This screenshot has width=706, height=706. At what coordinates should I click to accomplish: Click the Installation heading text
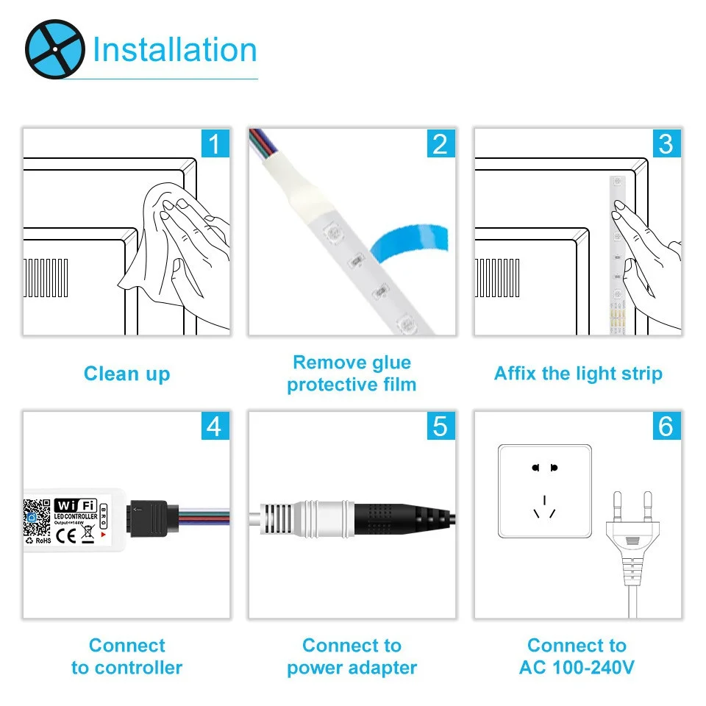[174, 50]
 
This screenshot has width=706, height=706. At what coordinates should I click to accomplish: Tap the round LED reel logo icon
[55, 49]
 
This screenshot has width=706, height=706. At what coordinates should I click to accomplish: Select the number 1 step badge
[214, 143]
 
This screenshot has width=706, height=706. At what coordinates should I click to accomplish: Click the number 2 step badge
[440, 143]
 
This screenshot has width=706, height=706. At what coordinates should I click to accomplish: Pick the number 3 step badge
[666, 143]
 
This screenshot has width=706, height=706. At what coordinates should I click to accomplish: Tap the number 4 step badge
[214, 426]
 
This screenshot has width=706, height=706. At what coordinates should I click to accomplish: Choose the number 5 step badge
[440, 426]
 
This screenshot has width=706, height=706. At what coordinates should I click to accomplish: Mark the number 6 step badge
[666, 426]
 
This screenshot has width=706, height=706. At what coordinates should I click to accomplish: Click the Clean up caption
[126, 374]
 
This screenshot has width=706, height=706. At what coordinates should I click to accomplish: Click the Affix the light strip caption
[578, 374]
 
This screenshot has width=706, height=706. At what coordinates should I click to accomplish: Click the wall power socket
[544, 491]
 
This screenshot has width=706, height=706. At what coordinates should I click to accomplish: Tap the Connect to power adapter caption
[352, 657]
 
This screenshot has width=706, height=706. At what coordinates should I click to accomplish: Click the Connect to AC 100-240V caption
[577, 657]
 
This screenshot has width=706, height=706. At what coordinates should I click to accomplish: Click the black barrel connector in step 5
[397, 514]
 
